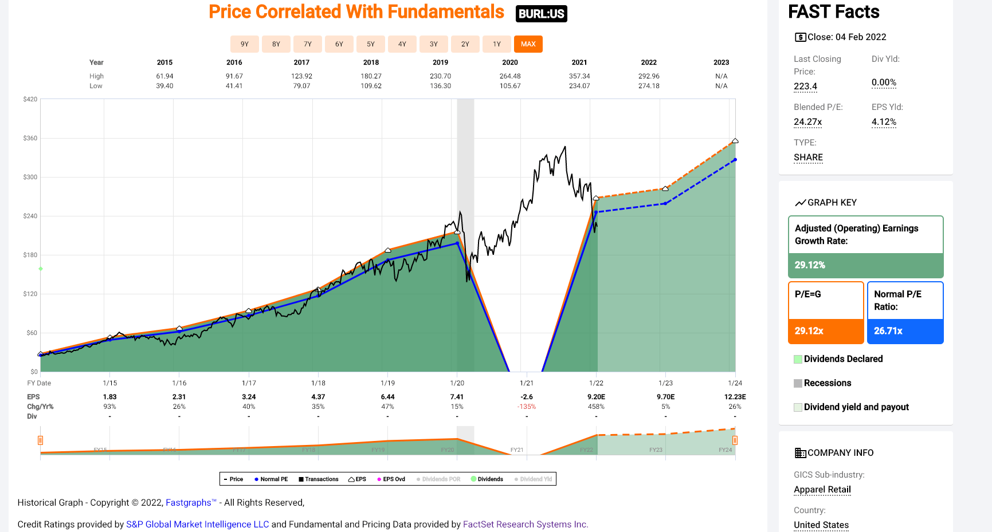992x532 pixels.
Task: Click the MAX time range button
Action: [528, 44]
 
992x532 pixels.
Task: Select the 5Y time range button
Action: [371, 44]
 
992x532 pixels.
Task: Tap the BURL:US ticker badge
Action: [541, 14]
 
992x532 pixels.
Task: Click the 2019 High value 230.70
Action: [440, 76]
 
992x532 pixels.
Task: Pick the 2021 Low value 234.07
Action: [579, 86]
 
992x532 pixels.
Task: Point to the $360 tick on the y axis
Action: [30, 138]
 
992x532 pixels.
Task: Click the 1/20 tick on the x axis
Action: [457, 383]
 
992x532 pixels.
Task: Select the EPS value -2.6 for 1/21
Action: [527, 397]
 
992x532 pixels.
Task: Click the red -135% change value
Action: [527, 407]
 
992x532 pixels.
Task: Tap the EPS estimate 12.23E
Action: [735, 397]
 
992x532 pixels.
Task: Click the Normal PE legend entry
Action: [271, 479]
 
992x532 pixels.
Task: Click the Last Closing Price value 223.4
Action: [805, 86]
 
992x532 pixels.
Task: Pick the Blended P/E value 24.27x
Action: [807, 122]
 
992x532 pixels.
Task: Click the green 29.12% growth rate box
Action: [865, 265]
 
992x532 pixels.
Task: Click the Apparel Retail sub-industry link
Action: [822, 490]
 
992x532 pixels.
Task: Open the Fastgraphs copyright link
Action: [189, 503]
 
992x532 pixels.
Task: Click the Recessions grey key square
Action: [798, 383]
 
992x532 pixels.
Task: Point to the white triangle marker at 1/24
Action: [735, 140]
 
